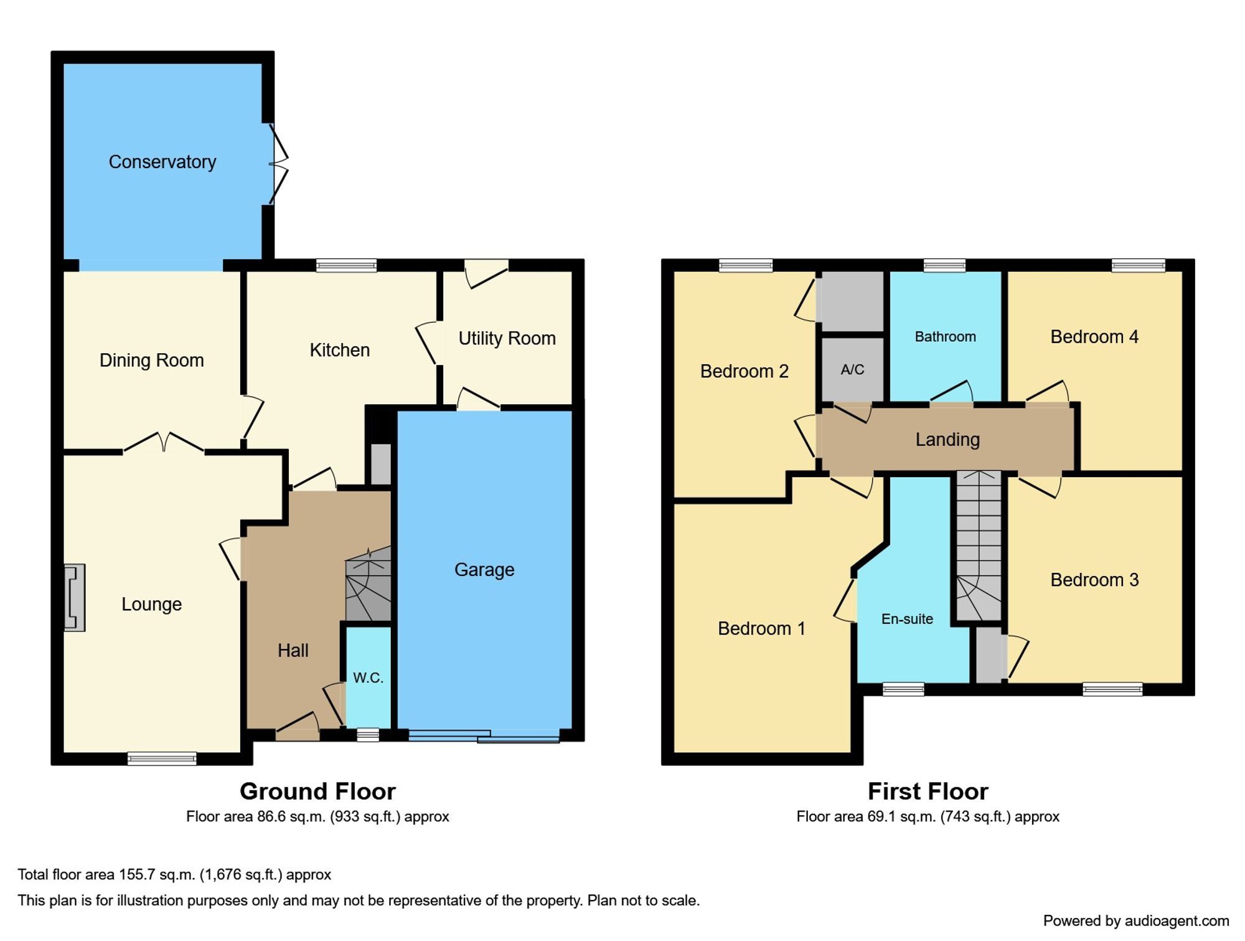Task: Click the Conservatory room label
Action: (x=162, y=162)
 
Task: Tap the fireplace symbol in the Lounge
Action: (x=74, y=598)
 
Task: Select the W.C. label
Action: (x=368, y=678)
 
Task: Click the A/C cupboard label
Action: (x=852, y=370)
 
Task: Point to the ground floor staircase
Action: (x=369, y=585)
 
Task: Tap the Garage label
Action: (x=484, y=570)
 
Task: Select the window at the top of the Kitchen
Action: (x=346, y=266)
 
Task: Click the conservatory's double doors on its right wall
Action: (x=278, y=164)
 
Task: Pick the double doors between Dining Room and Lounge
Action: (x=164, y=443)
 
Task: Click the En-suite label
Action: (x=907, y=619)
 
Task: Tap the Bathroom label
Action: (x=945, y=337)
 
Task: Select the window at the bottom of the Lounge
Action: (x=162, y=758)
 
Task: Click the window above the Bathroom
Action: (x=944, y=266)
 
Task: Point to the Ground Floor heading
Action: (x=317, y=792)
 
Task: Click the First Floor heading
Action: (x=928, y=792)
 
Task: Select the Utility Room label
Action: (x=507, y=338)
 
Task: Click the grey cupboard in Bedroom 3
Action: (x=989, y=655)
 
